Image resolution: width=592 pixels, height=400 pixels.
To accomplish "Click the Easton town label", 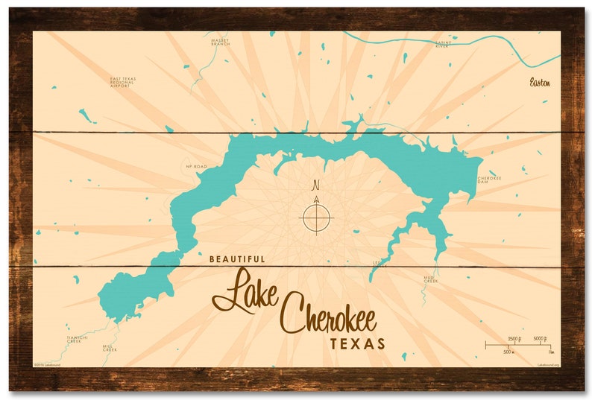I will [540, 82].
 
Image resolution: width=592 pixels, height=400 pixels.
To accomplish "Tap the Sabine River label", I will [444, 45].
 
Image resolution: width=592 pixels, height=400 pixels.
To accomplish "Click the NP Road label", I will [196, 167].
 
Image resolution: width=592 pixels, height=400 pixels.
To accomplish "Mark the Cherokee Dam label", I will [489, 180].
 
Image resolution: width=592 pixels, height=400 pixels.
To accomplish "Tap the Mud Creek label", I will [430, 280].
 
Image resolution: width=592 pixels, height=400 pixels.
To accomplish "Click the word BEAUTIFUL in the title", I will [237, 259].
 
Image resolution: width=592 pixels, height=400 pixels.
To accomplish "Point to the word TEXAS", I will [359, 344].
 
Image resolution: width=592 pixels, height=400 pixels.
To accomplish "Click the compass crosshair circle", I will [316, 218].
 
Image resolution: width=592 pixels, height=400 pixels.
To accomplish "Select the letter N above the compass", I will [315, 185].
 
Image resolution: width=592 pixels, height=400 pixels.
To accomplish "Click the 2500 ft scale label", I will [514, 338].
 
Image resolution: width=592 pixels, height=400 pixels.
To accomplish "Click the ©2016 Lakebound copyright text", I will [47, 364].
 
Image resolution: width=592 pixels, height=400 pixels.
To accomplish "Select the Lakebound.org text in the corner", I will [548, 364].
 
